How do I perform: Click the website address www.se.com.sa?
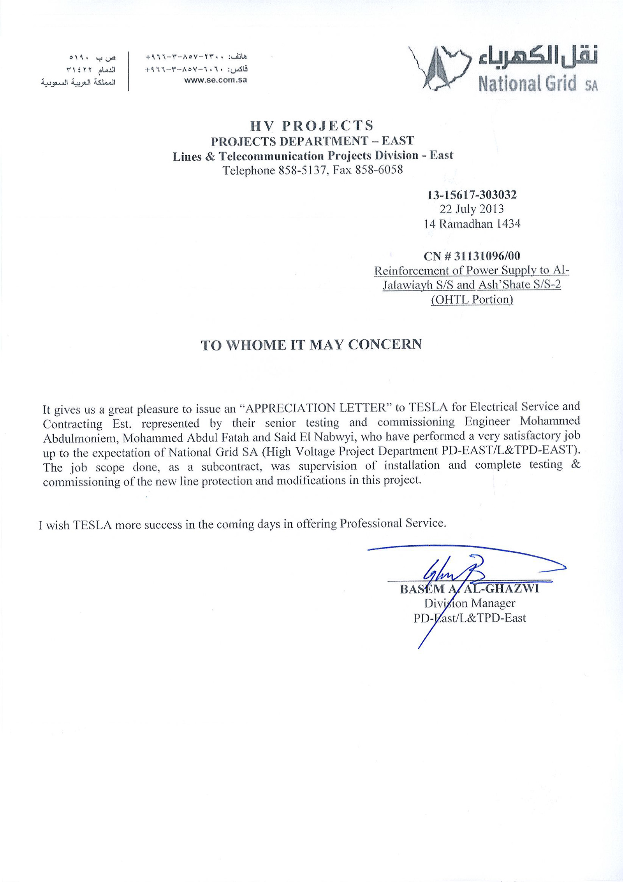pos(216,80)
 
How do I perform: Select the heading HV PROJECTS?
pos(312,126)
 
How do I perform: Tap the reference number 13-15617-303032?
pos(472,194)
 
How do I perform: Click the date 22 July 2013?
pos(472,209)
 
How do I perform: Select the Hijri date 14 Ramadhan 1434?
pos(472,224)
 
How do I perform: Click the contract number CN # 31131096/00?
pos(472,256)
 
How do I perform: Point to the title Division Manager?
pos(470,603)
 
